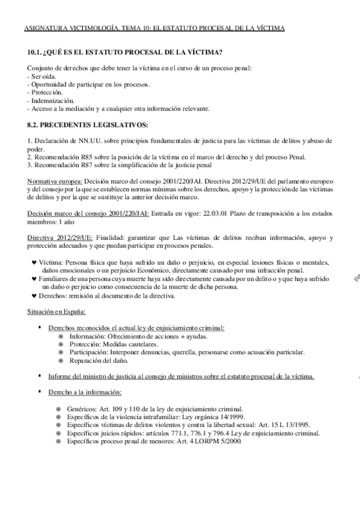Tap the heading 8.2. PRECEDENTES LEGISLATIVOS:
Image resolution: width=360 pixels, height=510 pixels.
87,125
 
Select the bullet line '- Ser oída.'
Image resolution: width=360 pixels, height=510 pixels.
43,76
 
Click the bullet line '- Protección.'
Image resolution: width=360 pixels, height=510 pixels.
45,93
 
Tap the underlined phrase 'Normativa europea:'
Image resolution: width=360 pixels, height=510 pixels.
55,181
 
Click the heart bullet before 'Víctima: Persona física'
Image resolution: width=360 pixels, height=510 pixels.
33,263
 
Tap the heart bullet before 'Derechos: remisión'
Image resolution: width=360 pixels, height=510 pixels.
33,295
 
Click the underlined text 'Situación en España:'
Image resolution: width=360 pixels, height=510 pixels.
56,312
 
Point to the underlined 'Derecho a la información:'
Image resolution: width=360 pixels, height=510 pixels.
85,392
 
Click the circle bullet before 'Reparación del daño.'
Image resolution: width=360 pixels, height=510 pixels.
61,361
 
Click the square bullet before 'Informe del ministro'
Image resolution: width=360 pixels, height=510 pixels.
39,376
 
